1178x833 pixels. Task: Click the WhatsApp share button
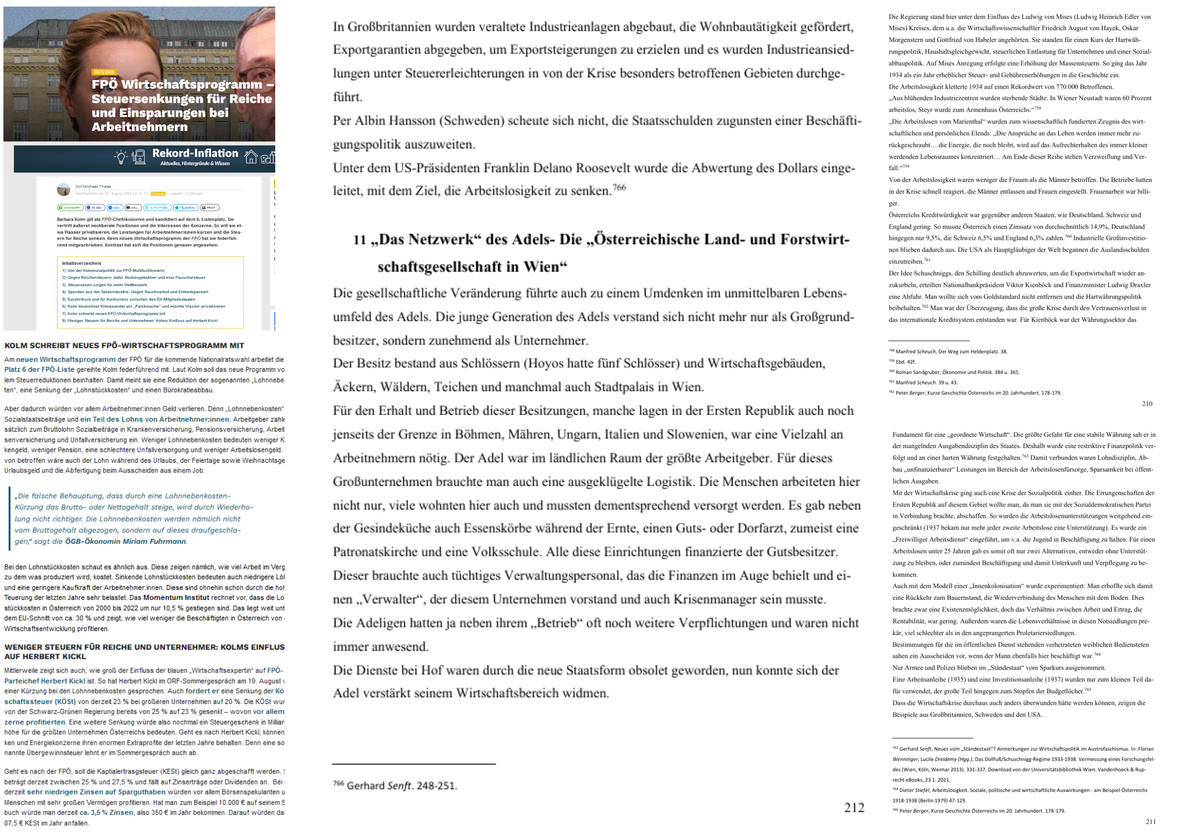[70, 208]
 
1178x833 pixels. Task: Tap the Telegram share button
[186, 208]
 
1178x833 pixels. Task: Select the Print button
[210, 208]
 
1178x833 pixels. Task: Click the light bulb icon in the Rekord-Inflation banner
[121, 157]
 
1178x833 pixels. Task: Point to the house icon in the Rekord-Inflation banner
[251, 157]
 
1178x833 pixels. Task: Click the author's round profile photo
[64, 190]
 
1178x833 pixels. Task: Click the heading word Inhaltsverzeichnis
[82, 263]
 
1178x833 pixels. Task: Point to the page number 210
[1147, 404]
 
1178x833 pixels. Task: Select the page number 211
[1151, 822]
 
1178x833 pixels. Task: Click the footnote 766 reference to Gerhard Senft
[395, 786]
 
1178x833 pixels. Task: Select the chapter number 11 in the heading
[359, 239]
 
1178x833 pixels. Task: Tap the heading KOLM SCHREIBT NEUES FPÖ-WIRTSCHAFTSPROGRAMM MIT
[124, 346]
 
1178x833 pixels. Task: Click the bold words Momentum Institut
[176, 597]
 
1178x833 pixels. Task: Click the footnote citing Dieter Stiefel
[1021, 791]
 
